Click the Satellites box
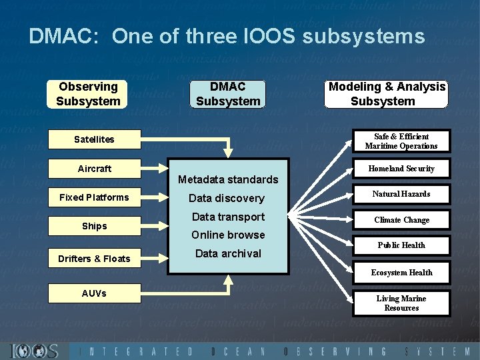click(94, 139)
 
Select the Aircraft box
click(94, 169)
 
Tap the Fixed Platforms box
click(94, 197)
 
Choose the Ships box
click(94, 226)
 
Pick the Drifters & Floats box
click(94, 259)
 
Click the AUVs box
click(94, 293)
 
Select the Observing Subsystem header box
click(87, 94)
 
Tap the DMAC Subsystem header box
click(227, 94)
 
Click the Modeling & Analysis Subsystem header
click(387, 94)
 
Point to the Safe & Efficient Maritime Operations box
click(401, 141)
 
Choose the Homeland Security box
click(401, 169)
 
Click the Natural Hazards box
click(401, 194)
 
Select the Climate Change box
click(401, 220)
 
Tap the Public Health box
click(401, 245)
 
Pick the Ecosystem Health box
click(401, 273)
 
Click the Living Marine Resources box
click(401, 303)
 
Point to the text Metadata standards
click(228, 179)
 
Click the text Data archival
click(228, 253)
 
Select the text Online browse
click(228, 235)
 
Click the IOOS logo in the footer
click(35, 351)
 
